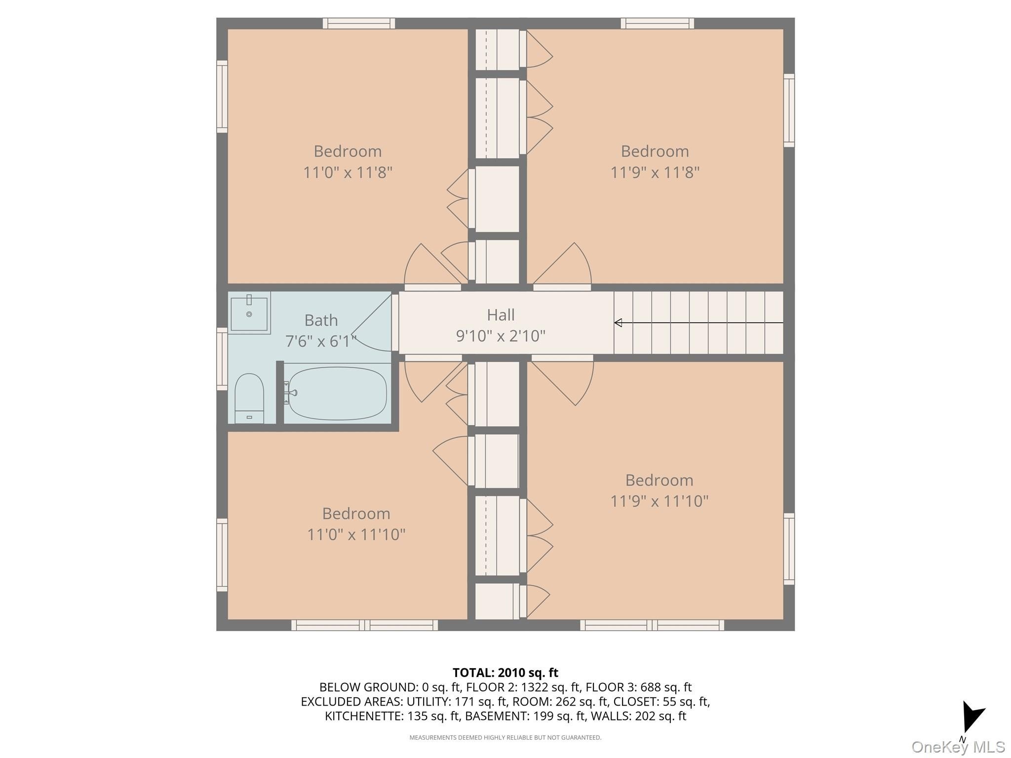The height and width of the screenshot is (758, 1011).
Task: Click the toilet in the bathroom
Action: (249, 398)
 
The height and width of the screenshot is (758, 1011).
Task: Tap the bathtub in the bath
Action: (337, 393)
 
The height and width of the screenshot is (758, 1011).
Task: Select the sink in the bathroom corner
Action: (249, 313)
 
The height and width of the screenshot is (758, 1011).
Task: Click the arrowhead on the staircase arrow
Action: (618, 323)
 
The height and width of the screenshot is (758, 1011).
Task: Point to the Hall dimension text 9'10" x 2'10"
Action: (501, 336)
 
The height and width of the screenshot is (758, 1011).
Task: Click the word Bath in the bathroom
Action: (321, 320)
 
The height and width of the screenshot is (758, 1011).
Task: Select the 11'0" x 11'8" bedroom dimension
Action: (348, 173)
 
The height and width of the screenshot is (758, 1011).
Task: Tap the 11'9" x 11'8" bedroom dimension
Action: (655, 173)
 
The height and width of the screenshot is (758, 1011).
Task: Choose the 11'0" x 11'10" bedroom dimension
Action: (356, 534)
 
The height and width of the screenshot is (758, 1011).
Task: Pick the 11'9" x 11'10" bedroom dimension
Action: (660, 501)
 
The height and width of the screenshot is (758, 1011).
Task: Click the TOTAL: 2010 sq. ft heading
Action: (505, 673)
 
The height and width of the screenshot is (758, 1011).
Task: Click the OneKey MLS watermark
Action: (958, 747)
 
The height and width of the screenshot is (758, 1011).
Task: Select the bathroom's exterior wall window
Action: (222, 359)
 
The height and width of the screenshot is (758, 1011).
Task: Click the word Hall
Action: (501, 315)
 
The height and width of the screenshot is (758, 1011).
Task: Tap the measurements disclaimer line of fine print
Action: (505, 738)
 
